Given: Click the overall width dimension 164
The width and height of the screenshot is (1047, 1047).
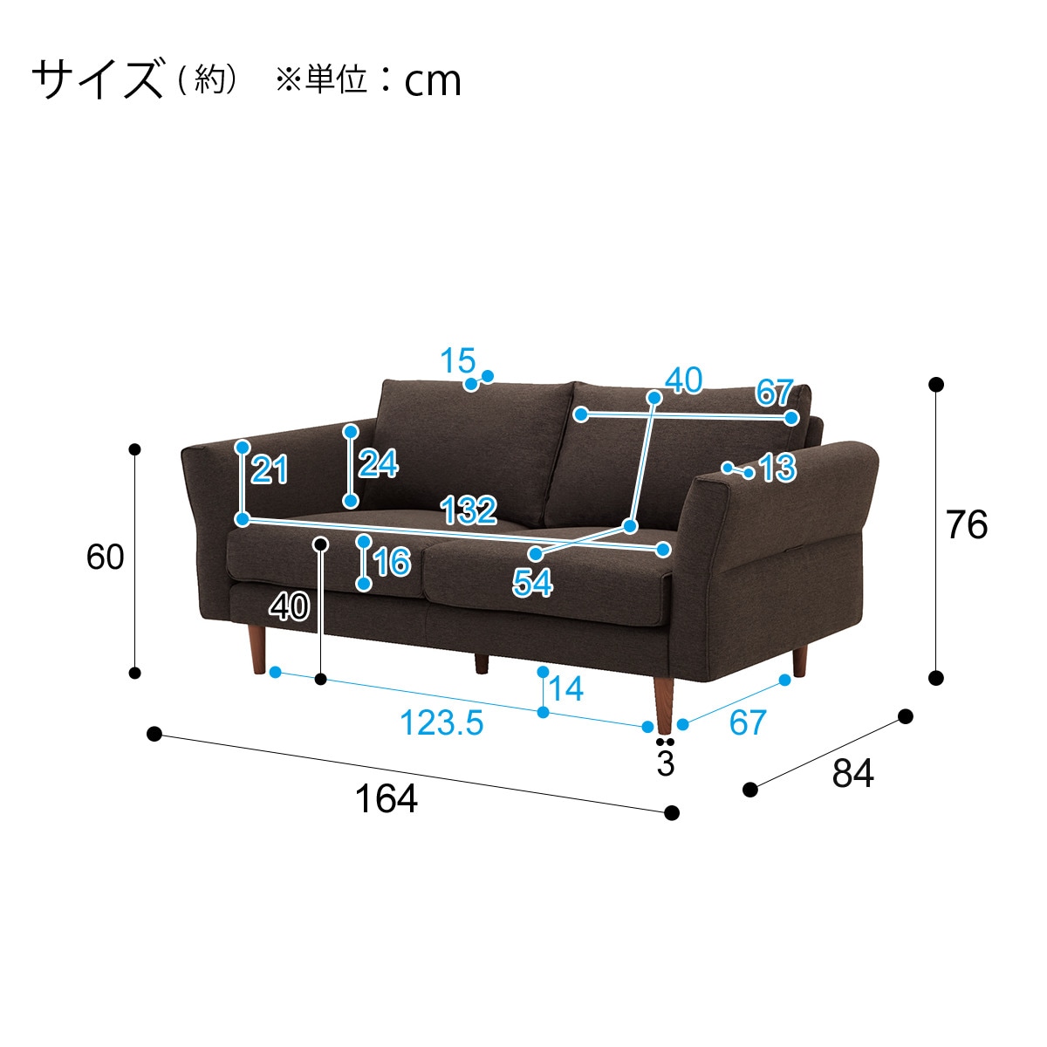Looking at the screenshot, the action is tap(386, 798).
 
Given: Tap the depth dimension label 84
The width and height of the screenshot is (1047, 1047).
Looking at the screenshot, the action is tap(852, 773).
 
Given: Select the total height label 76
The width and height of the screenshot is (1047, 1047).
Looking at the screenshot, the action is tap(967, 525).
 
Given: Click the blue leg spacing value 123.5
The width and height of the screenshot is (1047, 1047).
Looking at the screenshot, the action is tap(441, 722).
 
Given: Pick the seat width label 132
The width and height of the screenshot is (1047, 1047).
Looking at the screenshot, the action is tap(469, 510).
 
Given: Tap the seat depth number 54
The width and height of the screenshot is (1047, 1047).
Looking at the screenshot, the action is tap(532, 583).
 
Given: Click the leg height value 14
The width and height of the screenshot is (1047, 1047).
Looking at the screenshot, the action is tap(566, 688).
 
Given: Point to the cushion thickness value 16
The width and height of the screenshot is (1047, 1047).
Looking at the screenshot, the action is tap(392, 562).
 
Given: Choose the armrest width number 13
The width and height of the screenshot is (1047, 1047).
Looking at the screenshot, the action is tap(777, 468).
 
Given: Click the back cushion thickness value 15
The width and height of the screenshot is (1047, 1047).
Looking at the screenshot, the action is tap(457, 360).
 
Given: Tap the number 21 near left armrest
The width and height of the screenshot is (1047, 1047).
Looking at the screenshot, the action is tap(269, 469).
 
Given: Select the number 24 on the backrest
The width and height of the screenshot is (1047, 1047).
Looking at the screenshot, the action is tap(378, 463).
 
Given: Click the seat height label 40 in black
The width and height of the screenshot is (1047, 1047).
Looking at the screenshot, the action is tap(290, 606).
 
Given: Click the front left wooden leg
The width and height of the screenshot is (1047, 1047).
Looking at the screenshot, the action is tap(257, 649).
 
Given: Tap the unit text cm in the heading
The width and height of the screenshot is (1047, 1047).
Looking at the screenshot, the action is tap(433, 81).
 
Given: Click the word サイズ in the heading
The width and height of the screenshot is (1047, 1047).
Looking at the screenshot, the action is tap(98, 79).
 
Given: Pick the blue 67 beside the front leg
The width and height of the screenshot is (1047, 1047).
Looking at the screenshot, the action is tap(748, 722).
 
